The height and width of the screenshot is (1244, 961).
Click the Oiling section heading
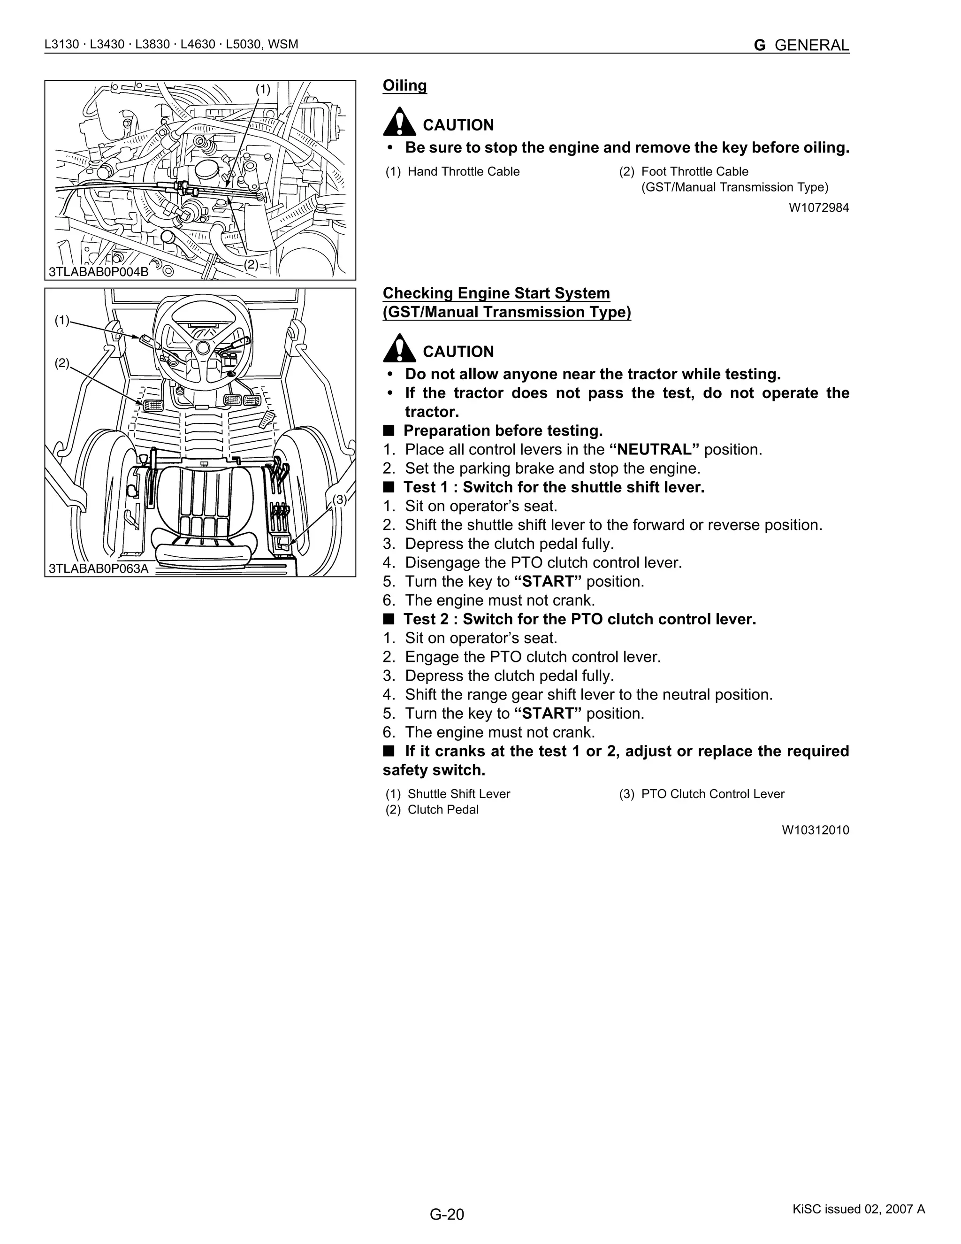click(x=404, y=85)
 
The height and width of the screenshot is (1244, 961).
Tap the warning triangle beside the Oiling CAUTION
click(x=399, y=122)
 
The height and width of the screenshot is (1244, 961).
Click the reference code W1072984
click(x=818, y=207)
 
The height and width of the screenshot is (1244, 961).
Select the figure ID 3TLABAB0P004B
click(x=99, y=272)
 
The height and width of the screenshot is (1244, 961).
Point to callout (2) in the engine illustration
click(x=251, y=264)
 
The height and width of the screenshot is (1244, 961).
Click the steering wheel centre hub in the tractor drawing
click(x=203, y=347)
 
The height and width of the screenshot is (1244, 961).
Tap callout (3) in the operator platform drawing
click(x=339, y=499)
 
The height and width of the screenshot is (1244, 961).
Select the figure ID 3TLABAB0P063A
click(x=99, y=568)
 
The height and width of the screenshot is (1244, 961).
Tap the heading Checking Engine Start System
click(x=496, y=293)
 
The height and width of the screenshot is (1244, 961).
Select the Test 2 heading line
click(x=579, y=619)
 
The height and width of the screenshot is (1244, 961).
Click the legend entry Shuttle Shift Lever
click(x=458, y=794)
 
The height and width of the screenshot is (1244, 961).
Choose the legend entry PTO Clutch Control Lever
click(x=712, y=794)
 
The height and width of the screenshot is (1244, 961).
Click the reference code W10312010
click(x=815, y=830)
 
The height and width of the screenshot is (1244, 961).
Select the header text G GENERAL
click(x=801, y=45)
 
